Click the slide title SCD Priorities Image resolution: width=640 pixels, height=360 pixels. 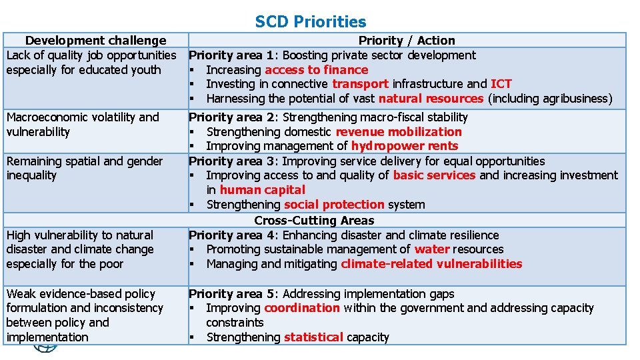point(311,22)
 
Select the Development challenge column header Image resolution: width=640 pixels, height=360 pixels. point(95,41)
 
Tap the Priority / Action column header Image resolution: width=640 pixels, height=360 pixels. point(407,41)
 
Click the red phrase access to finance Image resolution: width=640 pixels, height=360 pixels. point(316,70)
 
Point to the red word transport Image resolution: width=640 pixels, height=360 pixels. point(360,84)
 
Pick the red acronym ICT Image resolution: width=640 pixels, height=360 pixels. point(501,84)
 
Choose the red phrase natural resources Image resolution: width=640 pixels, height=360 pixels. point(431,99)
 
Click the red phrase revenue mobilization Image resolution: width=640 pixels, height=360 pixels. point(399,132)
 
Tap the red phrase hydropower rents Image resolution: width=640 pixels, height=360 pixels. point(405,146)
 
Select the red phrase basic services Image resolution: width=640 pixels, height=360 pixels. point(434,175)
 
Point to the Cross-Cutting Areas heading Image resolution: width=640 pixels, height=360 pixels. point(314,220)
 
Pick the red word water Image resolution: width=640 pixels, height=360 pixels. point(431,249)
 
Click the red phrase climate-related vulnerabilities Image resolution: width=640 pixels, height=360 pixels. point(431,264)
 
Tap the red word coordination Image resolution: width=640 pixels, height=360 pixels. point(302,308)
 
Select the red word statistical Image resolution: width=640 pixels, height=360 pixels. point(313,337)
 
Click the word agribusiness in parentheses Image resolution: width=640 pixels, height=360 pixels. point(575,99)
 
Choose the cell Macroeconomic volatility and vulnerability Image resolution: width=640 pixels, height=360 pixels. point(83,125)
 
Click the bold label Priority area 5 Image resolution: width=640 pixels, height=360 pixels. point(231,294)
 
